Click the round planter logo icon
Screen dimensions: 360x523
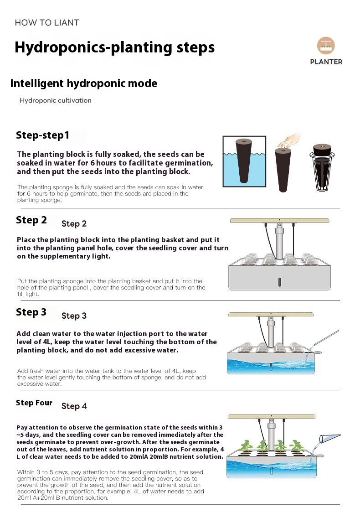[x=326, y=46]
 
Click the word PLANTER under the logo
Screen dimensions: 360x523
[x=326, y=62]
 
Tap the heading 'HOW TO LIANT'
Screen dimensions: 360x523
[x=47, y=23]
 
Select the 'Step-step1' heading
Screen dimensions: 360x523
[x=43, y=135]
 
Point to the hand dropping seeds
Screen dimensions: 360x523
[x=289, y=140]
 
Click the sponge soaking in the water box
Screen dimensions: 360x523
[x=244, y=161]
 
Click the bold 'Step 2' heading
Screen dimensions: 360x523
[x=31, y=220]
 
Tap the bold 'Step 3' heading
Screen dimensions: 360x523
[x=31, y=312]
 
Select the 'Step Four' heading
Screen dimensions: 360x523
[x=34, y=403]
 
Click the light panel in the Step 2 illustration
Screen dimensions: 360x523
[x=279, y=221]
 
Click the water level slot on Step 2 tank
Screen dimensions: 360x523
[x=279, y=282]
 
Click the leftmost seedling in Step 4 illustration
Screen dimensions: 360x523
[x=246, y=447]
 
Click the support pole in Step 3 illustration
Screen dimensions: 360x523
[x=271, y=331]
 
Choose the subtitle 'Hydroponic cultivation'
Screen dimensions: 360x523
[x=55, y=100]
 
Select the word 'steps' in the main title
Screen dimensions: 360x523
[x=195, y=48]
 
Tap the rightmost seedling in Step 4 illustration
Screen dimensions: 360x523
[x=296, y=447]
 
